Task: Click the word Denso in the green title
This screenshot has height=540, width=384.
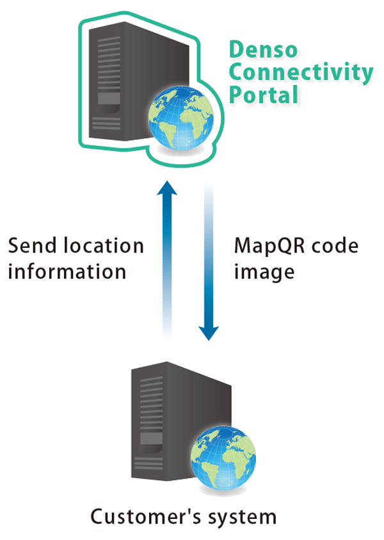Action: point(263,50)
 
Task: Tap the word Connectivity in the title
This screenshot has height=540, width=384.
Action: point(301,73)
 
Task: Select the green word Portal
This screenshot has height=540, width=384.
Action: point(264,95)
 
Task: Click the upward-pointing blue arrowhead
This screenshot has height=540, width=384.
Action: point(167,188)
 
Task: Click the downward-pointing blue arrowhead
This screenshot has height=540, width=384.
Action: point(209,333)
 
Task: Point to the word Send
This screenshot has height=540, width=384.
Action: point(32,245)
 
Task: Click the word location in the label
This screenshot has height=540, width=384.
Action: point(104,245)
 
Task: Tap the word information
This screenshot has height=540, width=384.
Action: point(67,272)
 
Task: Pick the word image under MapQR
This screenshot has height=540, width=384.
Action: point(264,273)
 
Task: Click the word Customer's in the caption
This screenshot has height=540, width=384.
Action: point(145,517)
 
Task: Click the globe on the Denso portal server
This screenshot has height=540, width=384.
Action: point(180,118)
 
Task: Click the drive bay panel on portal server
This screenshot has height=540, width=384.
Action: point(109,98)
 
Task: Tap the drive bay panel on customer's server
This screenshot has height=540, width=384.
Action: point(152,438)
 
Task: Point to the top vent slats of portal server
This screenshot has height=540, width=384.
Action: point(109,63)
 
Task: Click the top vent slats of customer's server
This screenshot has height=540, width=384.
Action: point(152,403)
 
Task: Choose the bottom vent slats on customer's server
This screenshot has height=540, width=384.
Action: point(148,463)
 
